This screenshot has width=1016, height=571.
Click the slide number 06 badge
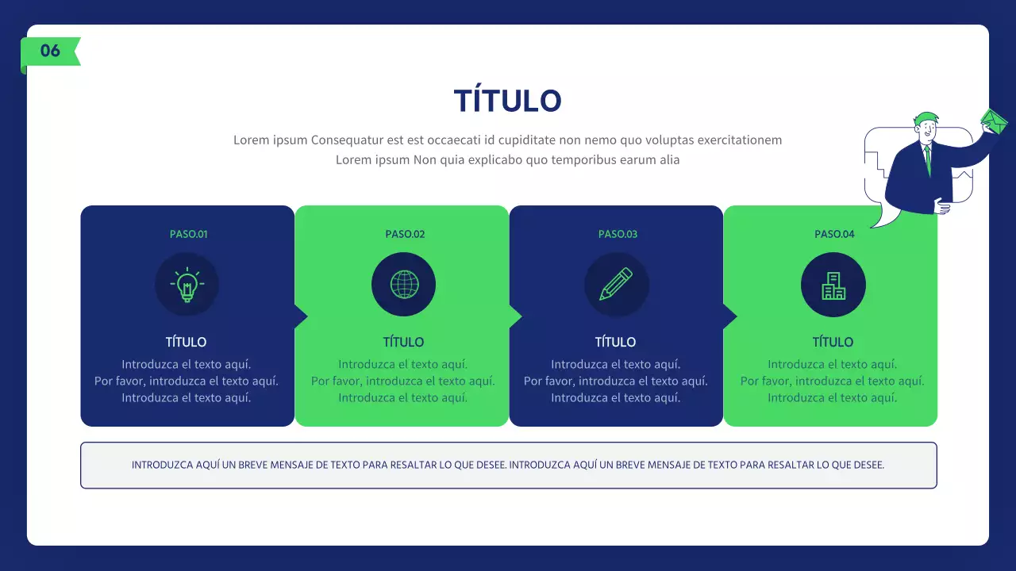click(50, 51)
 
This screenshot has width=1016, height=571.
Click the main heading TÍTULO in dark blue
click(508, 102)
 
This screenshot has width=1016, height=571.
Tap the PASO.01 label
click(188, 234)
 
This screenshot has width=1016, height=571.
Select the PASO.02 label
click(405, 234)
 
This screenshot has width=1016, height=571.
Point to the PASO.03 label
click(618, 234)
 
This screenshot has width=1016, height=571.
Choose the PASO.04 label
click(834, 234)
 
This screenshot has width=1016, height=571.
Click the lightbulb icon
click(187, 285)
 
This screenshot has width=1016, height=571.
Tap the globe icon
click(404, 285)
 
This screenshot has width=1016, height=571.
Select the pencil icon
click(617, 285)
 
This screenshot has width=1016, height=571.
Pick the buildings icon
click(833, 285)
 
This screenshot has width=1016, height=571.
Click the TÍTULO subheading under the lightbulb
click(186, 342)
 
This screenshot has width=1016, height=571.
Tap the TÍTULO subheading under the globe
click(403, 342)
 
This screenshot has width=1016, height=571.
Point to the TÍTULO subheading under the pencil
click(615, 342)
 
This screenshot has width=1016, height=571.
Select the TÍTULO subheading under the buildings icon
click(833, 342)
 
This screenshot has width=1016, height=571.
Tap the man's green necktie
click(927, 159)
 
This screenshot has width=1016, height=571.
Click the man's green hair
click(925, 117)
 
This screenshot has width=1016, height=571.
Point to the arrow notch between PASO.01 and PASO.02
click(301, 316)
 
